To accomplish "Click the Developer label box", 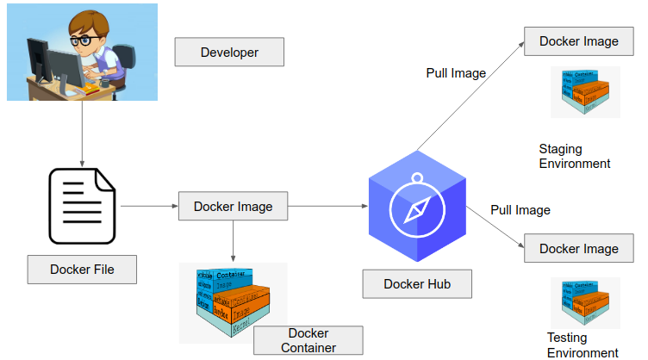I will coord(229,53).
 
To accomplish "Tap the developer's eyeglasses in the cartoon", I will coord(81,40).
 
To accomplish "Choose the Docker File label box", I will coord(82,270).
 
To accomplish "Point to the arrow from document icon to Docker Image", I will coord(148,207).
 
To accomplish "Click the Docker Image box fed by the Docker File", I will coord(233,207).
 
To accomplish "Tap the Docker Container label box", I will coord(308,340).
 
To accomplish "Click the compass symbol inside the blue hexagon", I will coord(417,209).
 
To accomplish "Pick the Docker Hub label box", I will coord(417,283).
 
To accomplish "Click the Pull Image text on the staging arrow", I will coord(456,73).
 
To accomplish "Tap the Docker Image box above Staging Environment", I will coord(578,41).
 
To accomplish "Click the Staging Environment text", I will coord(574,156).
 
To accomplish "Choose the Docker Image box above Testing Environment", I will coord(578,249).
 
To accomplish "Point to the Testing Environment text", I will coord(583,344).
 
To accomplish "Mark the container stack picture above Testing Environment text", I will coord(585,303).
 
